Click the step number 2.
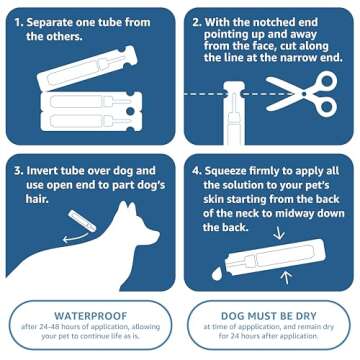pyautogui.click(x=197, y=19)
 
